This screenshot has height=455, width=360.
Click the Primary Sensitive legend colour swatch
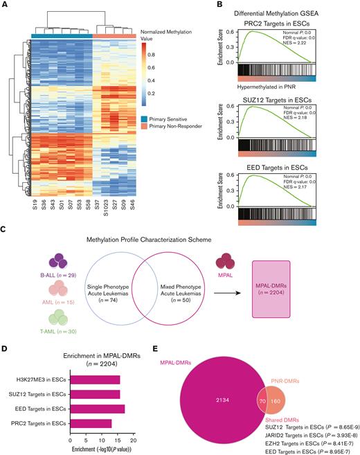145,119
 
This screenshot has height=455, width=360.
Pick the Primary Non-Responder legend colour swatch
145,128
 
